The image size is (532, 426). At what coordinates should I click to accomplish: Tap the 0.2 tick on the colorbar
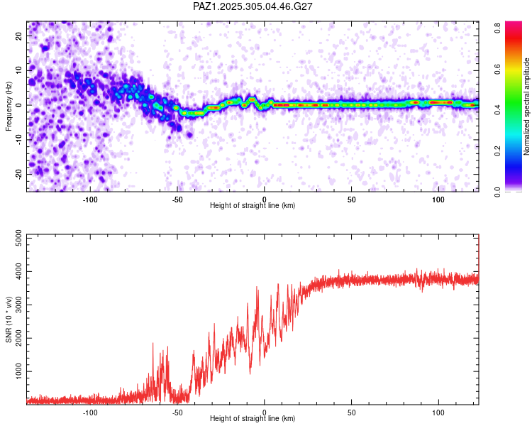(498, 151)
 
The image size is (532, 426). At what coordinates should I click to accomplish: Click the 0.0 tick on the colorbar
(498, 191)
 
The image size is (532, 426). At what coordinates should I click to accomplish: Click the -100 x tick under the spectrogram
(90, 199)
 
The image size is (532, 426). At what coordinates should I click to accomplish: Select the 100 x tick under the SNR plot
(438, 412)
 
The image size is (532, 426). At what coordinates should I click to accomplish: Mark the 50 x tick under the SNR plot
(351, 412)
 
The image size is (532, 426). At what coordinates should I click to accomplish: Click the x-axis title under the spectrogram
(253, 206)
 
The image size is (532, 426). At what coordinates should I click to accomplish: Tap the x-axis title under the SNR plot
(253, 419)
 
